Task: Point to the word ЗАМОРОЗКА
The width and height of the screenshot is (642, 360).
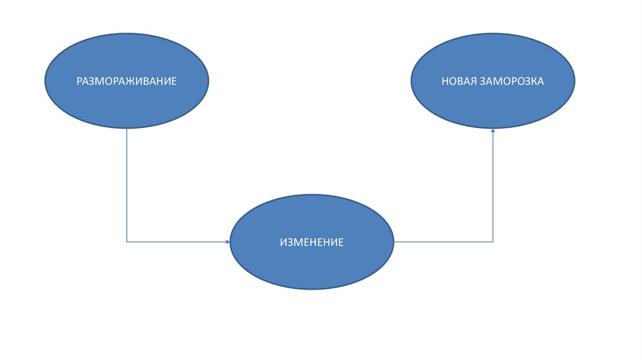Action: (x=512, y=82)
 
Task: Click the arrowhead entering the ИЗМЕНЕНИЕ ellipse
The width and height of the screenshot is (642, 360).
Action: (x=228, y=241)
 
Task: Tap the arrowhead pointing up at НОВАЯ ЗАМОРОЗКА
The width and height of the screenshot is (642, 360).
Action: (x=493, y=130)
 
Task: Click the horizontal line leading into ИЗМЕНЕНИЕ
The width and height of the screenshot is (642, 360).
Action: (x=176, y=241)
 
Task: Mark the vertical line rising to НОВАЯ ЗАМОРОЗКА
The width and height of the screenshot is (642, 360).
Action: (x=493, y=188)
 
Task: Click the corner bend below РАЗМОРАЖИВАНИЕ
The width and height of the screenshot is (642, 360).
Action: (x=127, y=241)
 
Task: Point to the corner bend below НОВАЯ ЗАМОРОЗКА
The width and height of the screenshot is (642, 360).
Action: (x=493, y=241)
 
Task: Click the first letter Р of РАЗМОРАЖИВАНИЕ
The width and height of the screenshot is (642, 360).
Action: (x=80, y=82)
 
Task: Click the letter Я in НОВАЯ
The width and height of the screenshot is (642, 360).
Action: (x=475, y=82)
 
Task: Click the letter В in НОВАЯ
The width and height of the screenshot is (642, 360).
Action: (x=460, y=82)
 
